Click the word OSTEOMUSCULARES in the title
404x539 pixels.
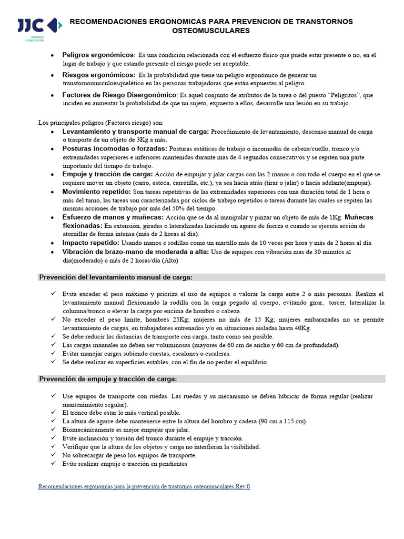(x=211, y=31)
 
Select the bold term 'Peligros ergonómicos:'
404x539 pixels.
(x=97, y=55)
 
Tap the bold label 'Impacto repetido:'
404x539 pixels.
(x=91, y=243)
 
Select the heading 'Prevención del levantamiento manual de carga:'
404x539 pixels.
(x=116, y=277)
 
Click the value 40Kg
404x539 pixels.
(x=302, y=328)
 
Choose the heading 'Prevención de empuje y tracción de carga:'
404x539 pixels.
(x=108, y=379)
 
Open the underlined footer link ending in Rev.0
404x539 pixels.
(x=144, y=486)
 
